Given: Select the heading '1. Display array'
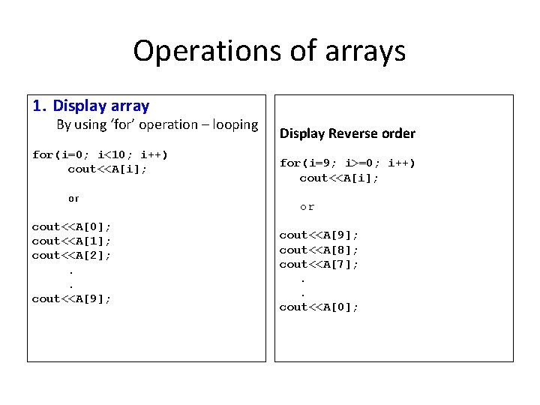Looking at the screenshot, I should coord(91,106).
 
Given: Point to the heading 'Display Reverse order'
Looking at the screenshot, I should coord(347,133).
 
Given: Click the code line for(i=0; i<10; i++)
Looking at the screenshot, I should coord(100,154).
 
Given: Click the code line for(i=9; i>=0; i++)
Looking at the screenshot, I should coord(347,163).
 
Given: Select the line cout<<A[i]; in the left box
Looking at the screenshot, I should coord(107,169).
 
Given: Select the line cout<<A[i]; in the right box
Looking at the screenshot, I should coord(339,178).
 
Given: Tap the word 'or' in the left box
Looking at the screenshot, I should coord(73,199).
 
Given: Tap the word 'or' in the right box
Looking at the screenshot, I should coord(307,207).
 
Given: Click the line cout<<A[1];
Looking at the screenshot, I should coord(71,241).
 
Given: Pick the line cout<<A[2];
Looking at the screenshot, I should coord(71,255).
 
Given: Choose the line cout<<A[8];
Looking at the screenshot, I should coord(319,250).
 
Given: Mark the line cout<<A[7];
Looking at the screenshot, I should coord(319,264).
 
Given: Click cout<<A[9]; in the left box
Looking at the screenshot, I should coord(71,298).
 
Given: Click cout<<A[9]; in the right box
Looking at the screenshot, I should coord(319,235).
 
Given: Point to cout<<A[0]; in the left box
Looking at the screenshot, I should coord(71,226).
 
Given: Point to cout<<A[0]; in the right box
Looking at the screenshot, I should coord(319,307).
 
